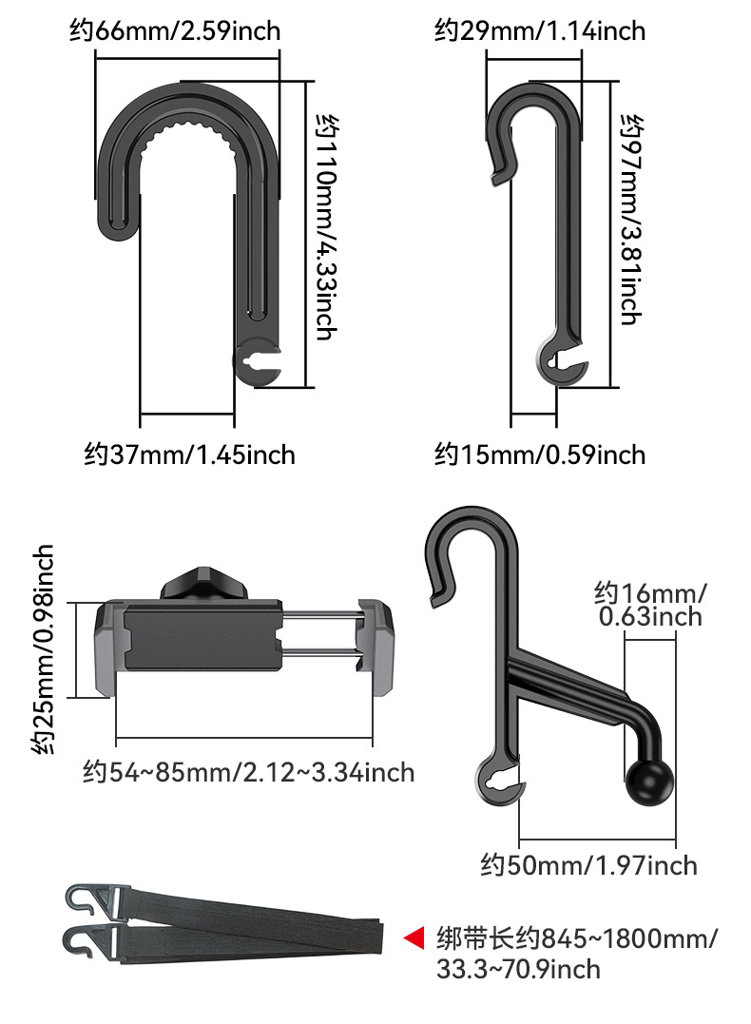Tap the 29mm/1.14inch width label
[x=540, y=30]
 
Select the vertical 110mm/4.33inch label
[x=326, y=227]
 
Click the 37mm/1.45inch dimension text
[x=189, y=454]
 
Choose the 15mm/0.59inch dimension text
[x=540, y=454]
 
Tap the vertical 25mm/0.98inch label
[x=43, y=649]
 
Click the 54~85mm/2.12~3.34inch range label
[x=248, y=772]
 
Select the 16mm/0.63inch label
[x=650, y=605]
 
